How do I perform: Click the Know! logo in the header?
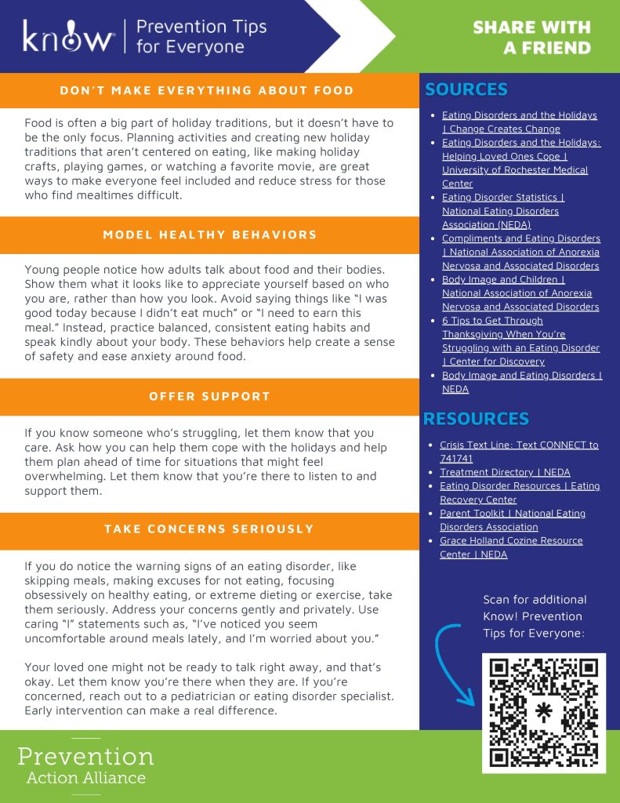tap(68, 36)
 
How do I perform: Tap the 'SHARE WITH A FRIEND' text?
tap(531, 38)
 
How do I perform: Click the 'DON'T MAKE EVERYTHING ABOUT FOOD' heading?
tap(207, 90)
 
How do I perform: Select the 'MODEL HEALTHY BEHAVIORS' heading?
tap(209, 234)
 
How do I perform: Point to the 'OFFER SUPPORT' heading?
tap(209, 396)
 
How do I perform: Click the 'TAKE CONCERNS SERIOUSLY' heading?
tap(208, 529)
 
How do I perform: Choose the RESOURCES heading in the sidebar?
tap(476, 419)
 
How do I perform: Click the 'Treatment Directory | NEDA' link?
tap(505, 472)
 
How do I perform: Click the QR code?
tap(542, 712)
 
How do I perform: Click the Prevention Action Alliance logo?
tap(85, 765)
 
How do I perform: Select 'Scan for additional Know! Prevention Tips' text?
tap(535, 616)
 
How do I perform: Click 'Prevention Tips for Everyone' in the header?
tap(201, 36)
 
